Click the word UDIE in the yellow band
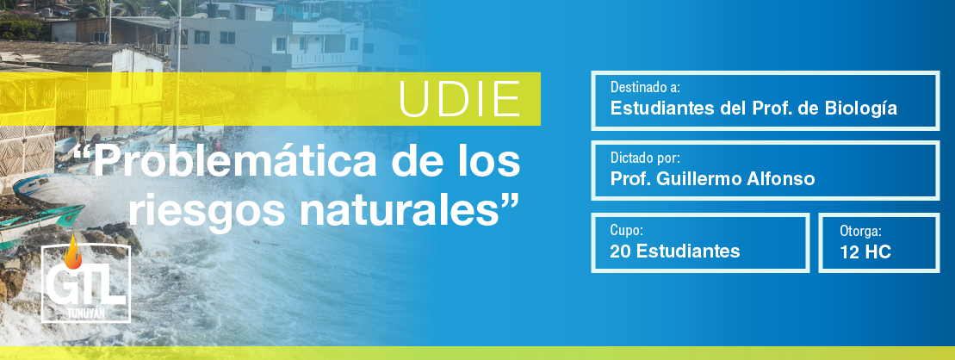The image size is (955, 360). (459, 99)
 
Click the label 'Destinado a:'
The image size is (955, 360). (645, 87)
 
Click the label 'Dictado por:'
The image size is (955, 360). (645, 158)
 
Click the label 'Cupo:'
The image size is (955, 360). (627, 230)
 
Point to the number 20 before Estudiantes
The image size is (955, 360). (620, 251)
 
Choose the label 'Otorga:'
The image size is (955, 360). (860, 231)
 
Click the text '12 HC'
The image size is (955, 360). (865, 251)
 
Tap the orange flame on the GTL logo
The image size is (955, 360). (73, 253)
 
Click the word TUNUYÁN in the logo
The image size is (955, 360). (85, 313)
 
